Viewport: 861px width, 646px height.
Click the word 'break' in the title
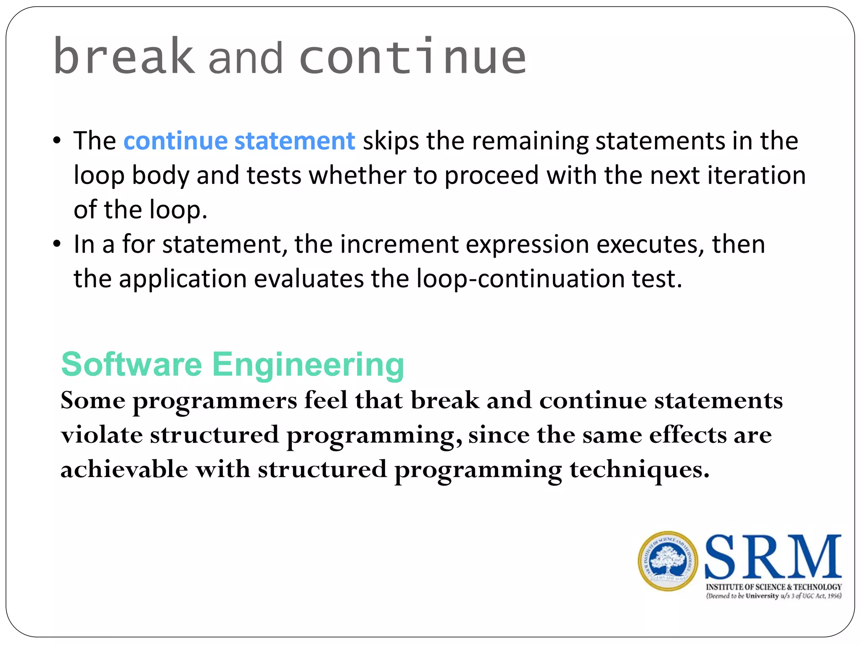(x=124, y=57)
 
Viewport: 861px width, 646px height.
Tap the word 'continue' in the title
(x=413, y=57)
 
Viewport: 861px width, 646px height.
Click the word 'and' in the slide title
(x=246, y=59)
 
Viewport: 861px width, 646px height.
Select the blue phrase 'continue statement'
(x=239, y=140)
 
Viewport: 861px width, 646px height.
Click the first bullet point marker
(x=57, y=141)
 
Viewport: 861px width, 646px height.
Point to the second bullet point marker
(x=57, y=244)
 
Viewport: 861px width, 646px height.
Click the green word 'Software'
(x=132, y=365)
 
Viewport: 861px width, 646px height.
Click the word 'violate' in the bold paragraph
(x=101, y=435)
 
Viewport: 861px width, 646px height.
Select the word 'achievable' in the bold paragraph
(x=124, y=469)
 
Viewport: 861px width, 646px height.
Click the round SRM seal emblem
(x=668, y=561)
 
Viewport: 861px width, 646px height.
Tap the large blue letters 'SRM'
(x=773, y=557)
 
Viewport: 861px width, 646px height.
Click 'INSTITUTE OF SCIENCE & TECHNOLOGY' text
(x=774, y=587)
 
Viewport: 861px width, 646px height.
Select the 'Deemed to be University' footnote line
(x=774, y=596)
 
